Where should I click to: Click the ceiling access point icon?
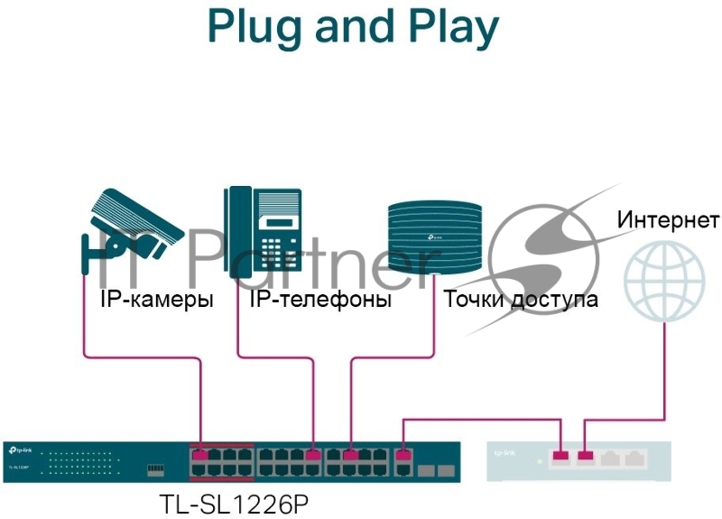(434, 236)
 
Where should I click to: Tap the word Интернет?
(668, 220)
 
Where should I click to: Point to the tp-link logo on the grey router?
(505, 451)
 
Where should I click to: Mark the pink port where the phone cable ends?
(312, 455)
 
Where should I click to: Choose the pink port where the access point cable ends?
(350, 455)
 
